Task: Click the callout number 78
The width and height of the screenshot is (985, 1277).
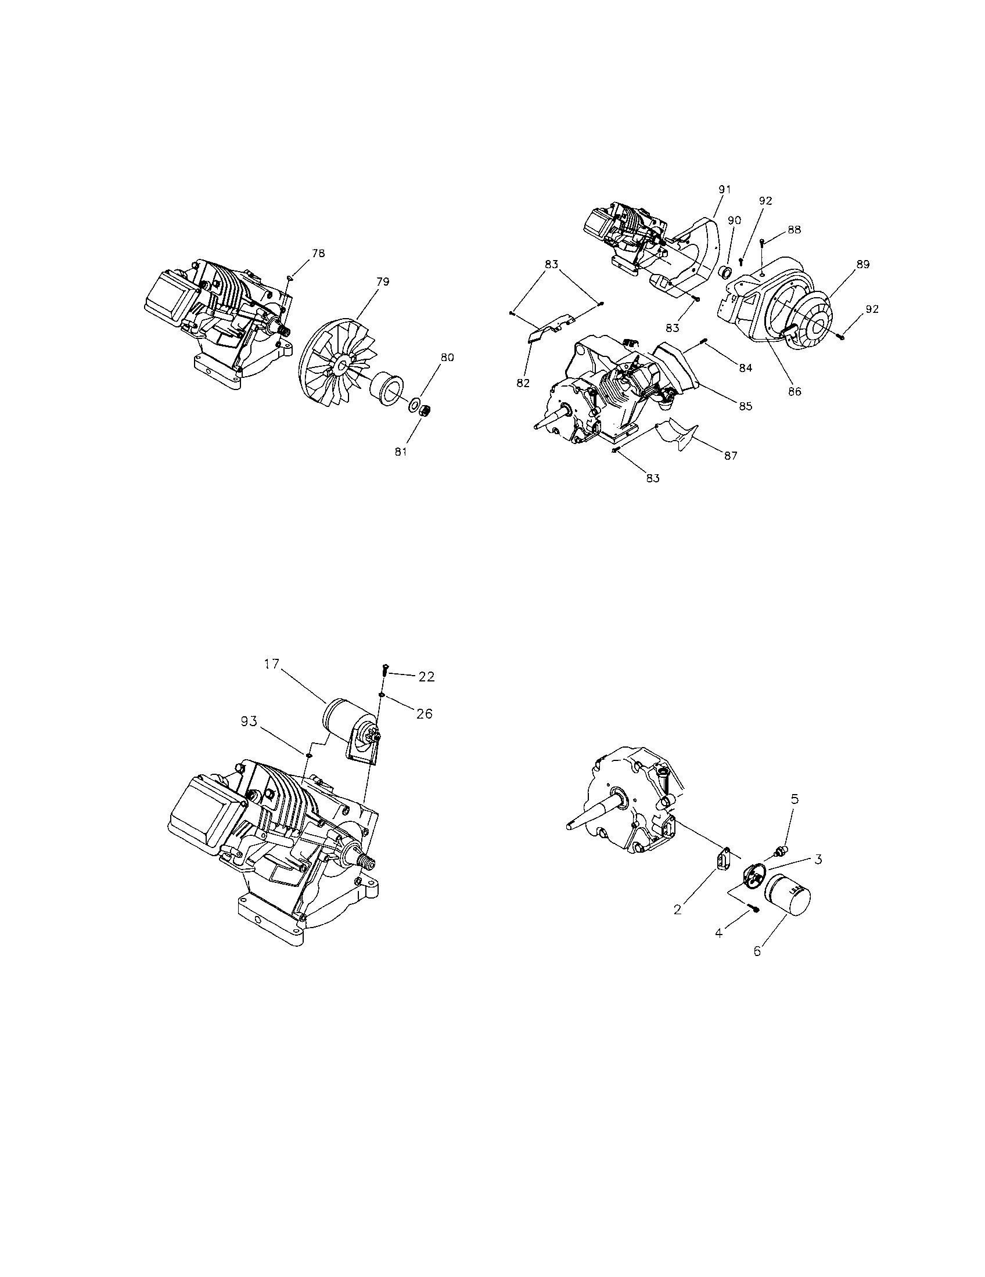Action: [318, 253]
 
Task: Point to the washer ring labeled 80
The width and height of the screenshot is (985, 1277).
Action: [415, 405]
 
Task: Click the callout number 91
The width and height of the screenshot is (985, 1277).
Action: [725, 189]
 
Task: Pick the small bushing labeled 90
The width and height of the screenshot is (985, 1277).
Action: [725, 272]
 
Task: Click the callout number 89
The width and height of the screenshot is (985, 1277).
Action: [863, 264]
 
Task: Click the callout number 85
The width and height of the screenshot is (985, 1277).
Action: [745, 406]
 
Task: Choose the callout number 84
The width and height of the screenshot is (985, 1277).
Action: [745, 369]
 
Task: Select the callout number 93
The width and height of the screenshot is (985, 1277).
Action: [249, 721]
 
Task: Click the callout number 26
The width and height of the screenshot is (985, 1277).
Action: [425, 713]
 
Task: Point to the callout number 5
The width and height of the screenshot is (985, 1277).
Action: [795, 798]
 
